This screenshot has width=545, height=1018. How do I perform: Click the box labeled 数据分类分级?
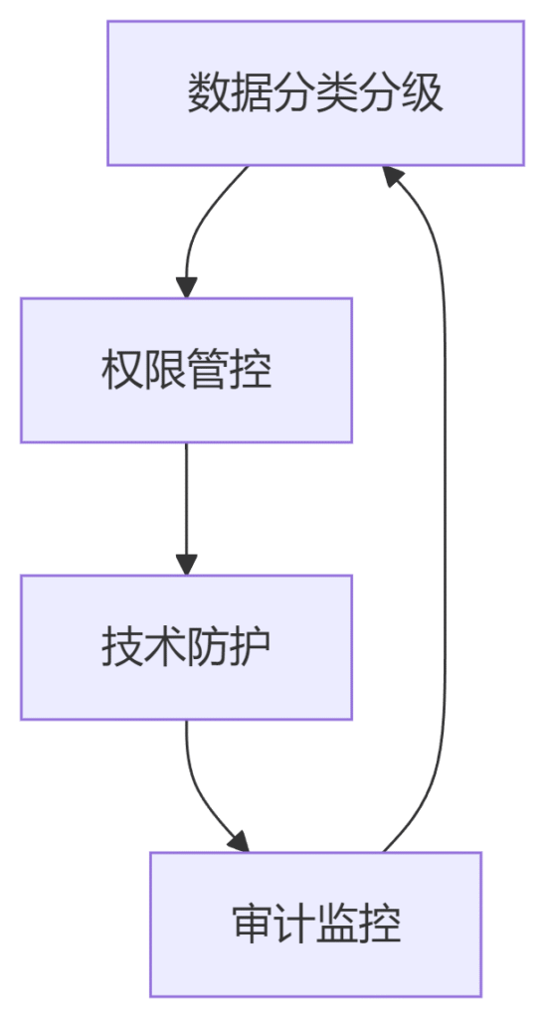tap(315, 92)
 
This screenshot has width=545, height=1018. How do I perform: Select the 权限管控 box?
tap(186, 370)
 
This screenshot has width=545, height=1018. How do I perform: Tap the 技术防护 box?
tap(186, 647)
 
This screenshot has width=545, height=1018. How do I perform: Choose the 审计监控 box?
tap(315, 924)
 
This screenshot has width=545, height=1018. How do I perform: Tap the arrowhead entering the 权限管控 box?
tap(186, 287)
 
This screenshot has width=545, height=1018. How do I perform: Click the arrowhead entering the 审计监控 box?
tap(240, 841)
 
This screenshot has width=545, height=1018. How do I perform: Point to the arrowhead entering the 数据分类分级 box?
tap(393, 175)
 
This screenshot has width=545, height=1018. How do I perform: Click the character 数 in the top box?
tap(203, 92)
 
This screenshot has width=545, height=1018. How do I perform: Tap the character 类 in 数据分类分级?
tap(331, 92)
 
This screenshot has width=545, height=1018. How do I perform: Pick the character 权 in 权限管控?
tap(117, 370)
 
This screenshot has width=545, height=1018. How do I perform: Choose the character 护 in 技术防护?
tap(256, 647)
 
